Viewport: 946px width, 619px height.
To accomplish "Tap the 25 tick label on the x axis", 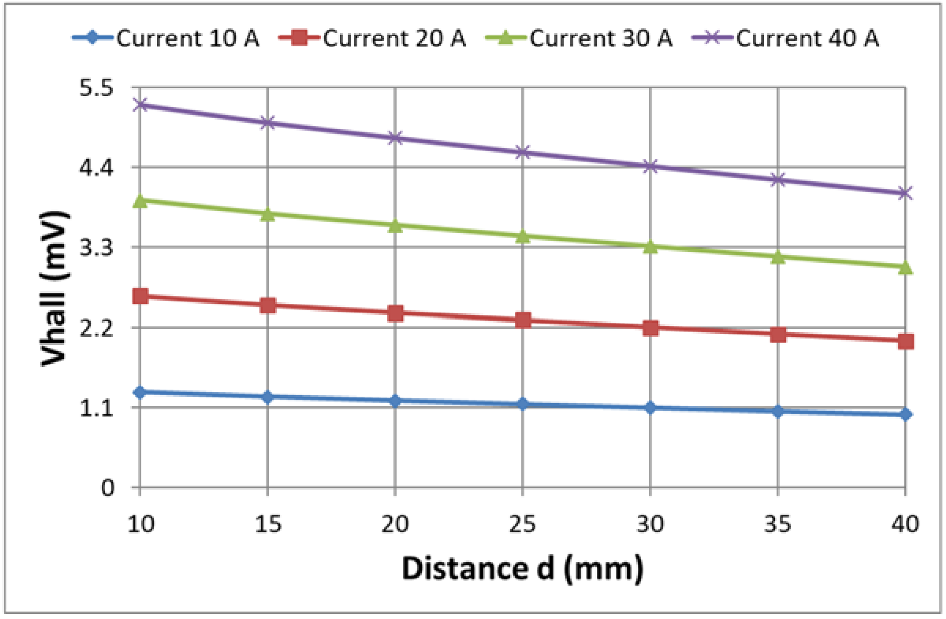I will click(x=522, y=524).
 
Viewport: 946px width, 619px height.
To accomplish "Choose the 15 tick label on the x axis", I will click(x=268, y=524).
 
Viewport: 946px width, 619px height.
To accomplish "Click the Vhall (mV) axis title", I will click(x=55, y=288).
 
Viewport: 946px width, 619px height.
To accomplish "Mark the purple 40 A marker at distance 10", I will click(x=140, y=105).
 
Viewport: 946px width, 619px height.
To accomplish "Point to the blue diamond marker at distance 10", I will click(x=140, y=392).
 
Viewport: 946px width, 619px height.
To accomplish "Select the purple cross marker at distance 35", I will click(x=778, y=180).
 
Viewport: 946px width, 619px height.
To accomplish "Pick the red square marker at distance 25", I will click(x=523, y=320).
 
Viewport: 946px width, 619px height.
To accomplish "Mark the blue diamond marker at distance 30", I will click(x=650, y=408).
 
